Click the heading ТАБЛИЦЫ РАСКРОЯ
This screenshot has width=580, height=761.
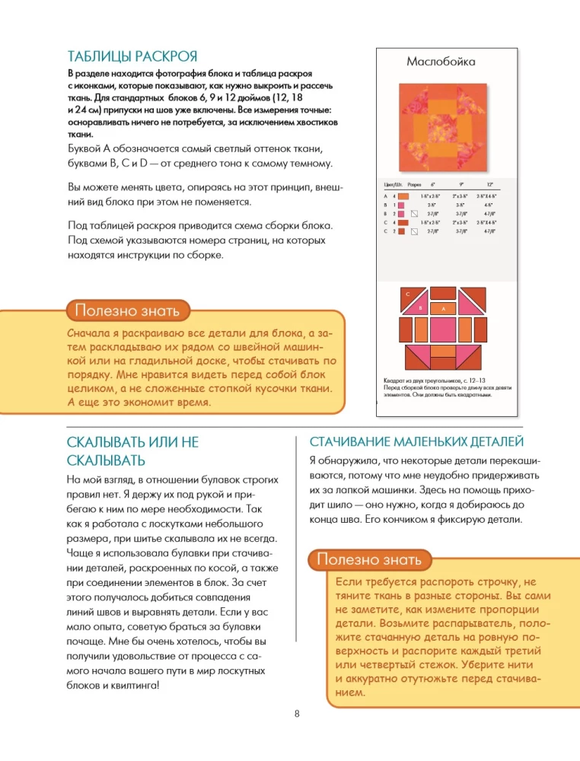(x=132, y=56)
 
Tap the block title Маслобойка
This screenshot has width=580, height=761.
(x=441, y=62)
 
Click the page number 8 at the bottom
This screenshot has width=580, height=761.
(x=296, y=713)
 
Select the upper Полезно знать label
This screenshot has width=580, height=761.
(x=127, y=310)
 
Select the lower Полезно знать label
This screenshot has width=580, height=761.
(x=369, y=559)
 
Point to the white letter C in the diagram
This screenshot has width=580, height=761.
(x=407, y=293)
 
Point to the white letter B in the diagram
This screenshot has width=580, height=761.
(x=419, y=307)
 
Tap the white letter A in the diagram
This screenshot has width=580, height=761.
(x=443, y=309)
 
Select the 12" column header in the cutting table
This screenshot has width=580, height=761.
(x=489, y=185)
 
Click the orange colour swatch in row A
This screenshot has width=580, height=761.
(x=403, y=197)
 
